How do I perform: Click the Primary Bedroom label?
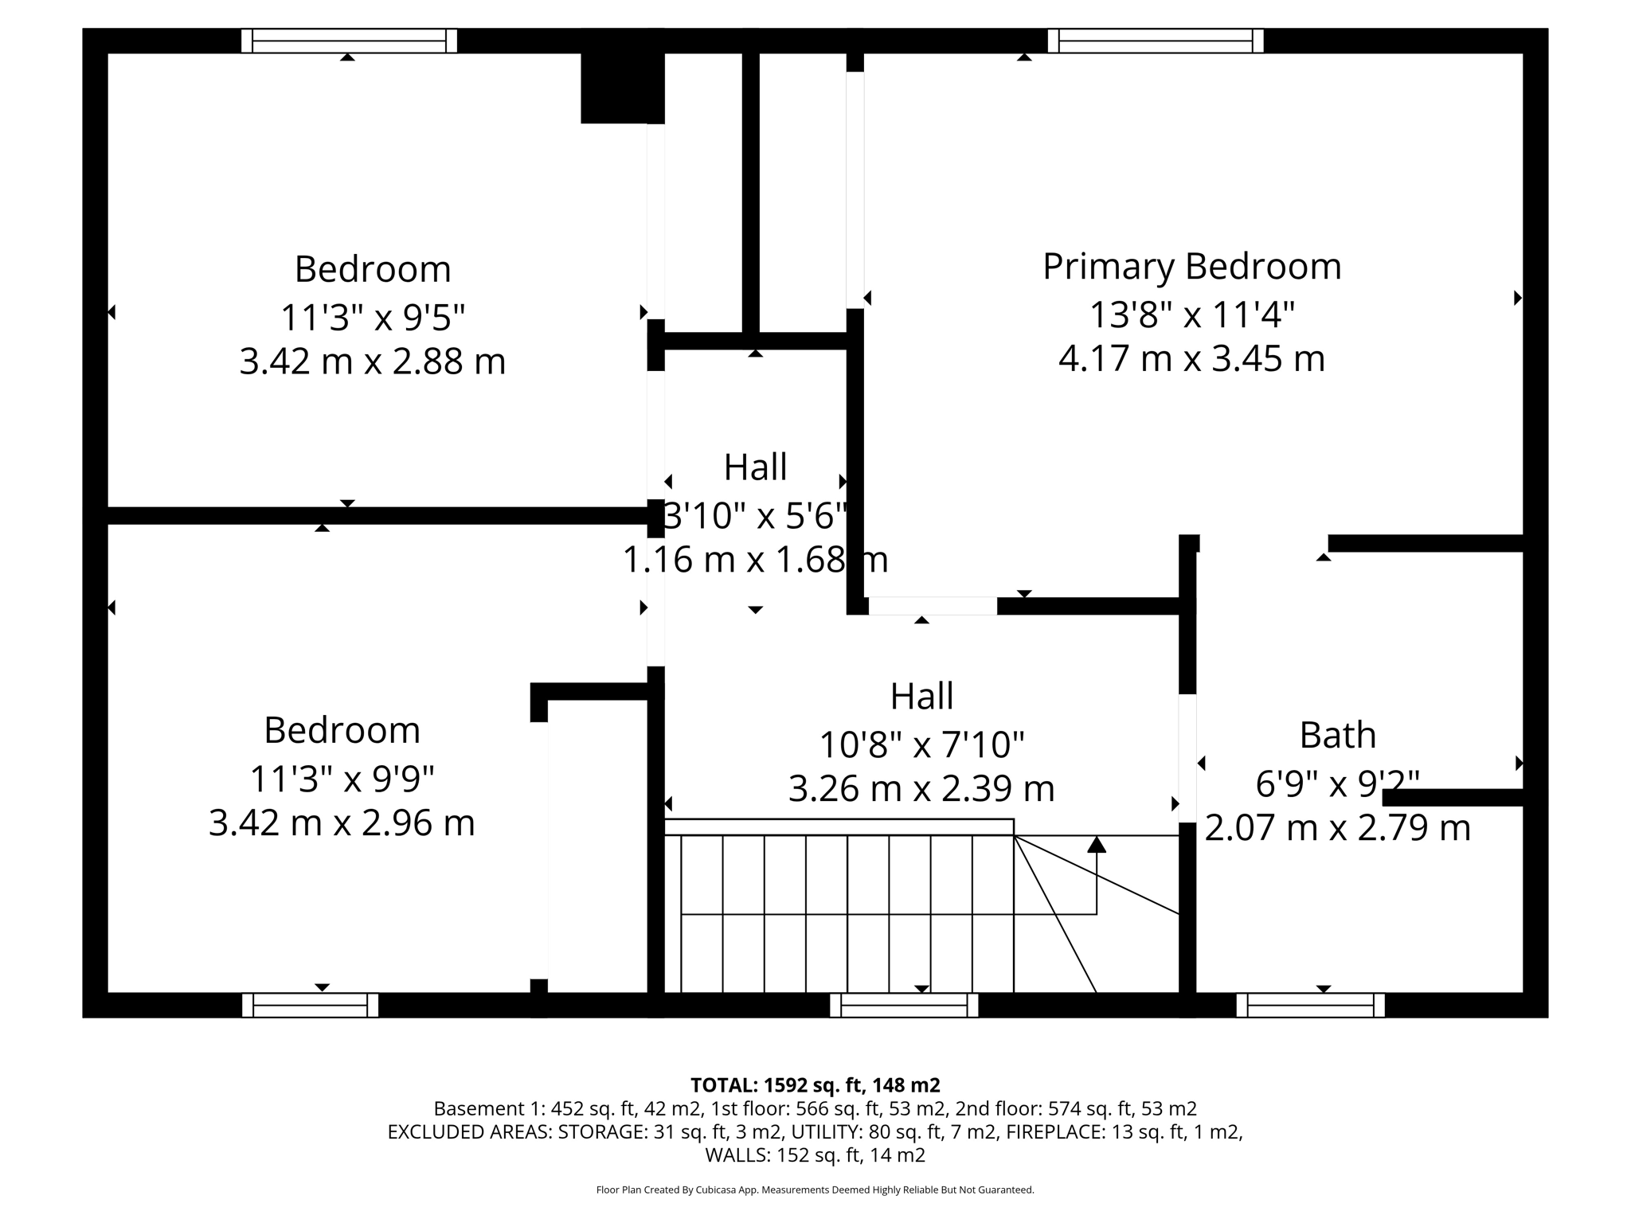pyautogui.click(x=1191, y=266)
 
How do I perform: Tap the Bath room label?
pyautogui.click(x=1337, y=735)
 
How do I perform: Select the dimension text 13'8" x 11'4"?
pyautogui.click(x=1191, y=315)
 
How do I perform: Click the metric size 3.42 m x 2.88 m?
pyautogui.click(x=373, y=361)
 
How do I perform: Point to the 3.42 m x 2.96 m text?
pyautogui.click(x=342, y=822)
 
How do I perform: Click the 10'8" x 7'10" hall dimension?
pyautogui.click(x=921, y=745)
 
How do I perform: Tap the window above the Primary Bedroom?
pyautogui.click(x=1155, y=41)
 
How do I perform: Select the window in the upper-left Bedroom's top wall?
pyautogui.click(x=349, y=41)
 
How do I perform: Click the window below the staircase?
pyautogui.click(x=904, y=1006)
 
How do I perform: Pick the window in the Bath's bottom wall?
pyautogui.click(x=1310, y=1006)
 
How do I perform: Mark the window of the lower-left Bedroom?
pyautogui.click(x=310, y=1006)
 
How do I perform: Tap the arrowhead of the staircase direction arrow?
pyautogui.click(x=1097, y=845)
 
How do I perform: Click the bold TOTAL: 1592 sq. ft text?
pyautogui.click(x=815, y=1085)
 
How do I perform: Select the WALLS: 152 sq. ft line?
pyautogui.click(x=815, y=1155)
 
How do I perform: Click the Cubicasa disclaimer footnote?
pyautogui.click(x=815, y=1190)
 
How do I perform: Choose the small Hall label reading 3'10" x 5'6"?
pyautogui.click(x=754, y=516)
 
